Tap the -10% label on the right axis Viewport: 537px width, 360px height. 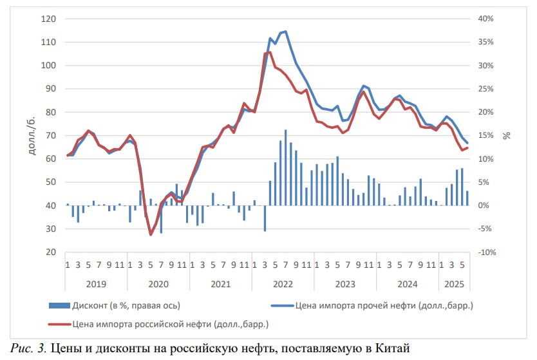click(487, 252)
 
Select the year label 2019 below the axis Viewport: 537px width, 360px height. click(95, 283)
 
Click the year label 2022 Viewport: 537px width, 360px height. click(283, 283)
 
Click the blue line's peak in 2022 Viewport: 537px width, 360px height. click(285, 32)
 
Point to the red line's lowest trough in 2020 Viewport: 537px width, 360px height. click(151, 234)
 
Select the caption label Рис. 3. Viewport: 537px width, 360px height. click(29, 348)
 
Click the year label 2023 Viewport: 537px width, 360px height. click(345, 283)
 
